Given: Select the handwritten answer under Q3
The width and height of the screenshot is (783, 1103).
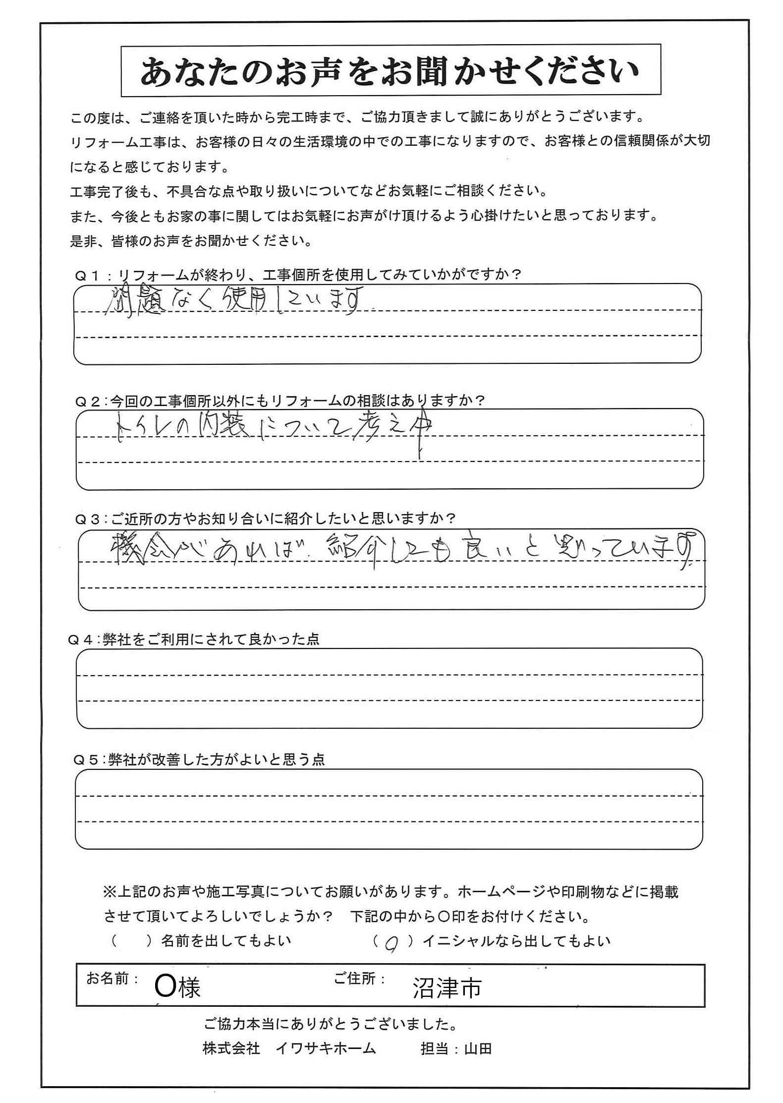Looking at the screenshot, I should [x=396, y=550].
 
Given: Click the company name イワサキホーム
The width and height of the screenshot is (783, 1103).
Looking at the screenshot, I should [x=326, y=1048].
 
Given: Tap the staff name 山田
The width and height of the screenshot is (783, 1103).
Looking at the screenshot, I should [x=478, y=1048].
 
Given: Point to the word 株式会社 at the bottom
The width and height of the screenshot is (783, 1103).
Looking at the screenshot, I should [x=231, y=1048].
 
